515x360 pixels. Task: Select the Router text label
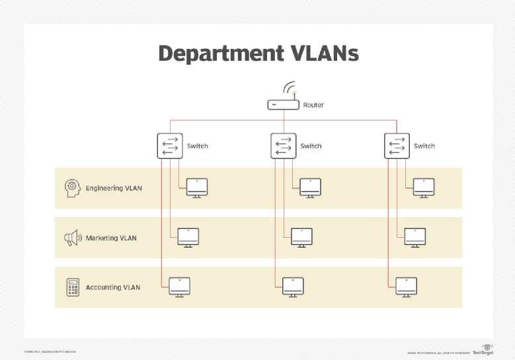(x=313, y=105)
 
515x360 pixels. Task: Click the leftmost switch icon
(x=170, y=145)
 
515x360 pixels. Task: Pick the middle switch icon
(x=284, y=145)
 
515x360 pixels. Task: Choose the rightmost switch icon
(x=397, y=145)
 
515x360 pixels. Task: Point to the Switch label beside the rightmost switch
(x=424, y=146)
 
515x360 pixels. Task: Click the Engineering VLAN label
(x=114, y=188)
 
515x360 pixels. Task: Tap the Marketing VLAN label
(x=111, y=238)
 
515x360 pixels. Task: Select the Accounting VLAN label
(x=113, y=287)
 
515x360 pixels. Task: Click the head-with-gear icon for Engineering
(x=72, y=188)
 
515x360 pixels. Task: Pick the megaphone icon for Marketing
(x=72, y=238)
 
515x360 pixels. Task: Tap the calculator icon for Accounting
(x=72, y=287)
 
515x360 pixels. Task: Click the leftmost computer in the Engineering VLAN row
(x=197, y=188)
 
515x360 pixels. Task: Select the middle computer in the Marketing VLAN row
(x=301, y=237)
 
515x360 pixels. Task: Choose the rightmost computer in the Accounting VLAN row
(x=406, y=287)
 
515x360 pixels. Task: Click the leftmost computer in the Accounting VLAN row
(x=179, y=287)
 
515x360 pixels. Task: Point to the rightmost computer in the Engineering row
(x=424, y=188)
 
